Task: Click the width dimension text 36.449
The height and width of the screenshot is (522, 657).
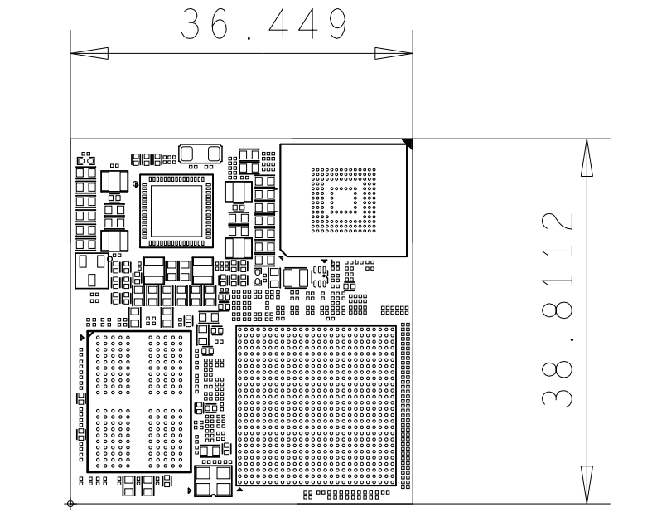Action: click(263, 24)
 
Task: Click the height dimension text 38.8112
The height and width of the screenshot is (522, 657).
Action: click(558, 310)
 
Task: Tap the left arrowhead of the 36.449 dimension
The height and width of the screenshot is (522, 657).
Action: click(89, 53)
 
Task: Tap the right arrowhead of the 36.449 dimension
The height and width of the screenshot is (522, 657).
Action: click(394, 53)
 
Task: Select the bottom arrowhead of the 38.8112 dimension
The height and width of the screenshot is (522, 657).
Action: click(587, 485)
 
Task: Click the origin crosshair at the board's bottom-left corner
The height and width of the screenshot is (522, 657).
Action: click(70, 504)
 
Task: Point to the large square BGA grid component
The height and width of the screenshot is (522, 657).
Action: click(316, 406)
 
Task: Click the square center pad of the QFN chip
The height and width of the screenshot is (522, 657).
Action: click(176, 211)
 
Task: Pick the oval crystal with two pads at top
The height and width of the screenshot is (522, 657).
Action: click(200, 154)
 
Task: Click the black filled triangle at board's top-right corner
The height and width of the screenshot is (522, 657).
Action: click(408, 143)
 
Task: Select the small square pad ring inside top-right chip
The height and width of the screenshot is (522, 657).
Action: click(344, 200)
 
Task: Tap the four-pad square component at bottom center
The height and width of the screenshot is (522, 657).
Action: click(213, 481)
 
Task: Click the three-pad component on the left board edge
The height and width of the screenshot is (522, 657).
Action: click(92, 271)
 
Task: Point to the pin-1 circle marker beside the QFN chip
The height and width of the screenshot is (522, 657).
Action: click(135, 183)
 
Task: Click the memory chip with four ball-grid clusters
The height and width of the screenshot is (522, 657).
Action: click(139, 402)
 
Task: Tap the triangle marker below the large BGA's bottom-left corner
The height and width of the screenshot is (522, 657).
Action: click(239, 490)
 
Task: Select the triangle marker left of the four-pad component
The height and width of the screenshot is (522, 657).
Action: click(190, 490)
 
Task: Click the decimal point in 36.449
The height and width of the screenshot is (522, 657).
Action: click(249, 38)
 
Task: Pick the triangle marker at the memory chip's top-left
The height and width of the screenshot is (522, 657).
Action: click(90, 334)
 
